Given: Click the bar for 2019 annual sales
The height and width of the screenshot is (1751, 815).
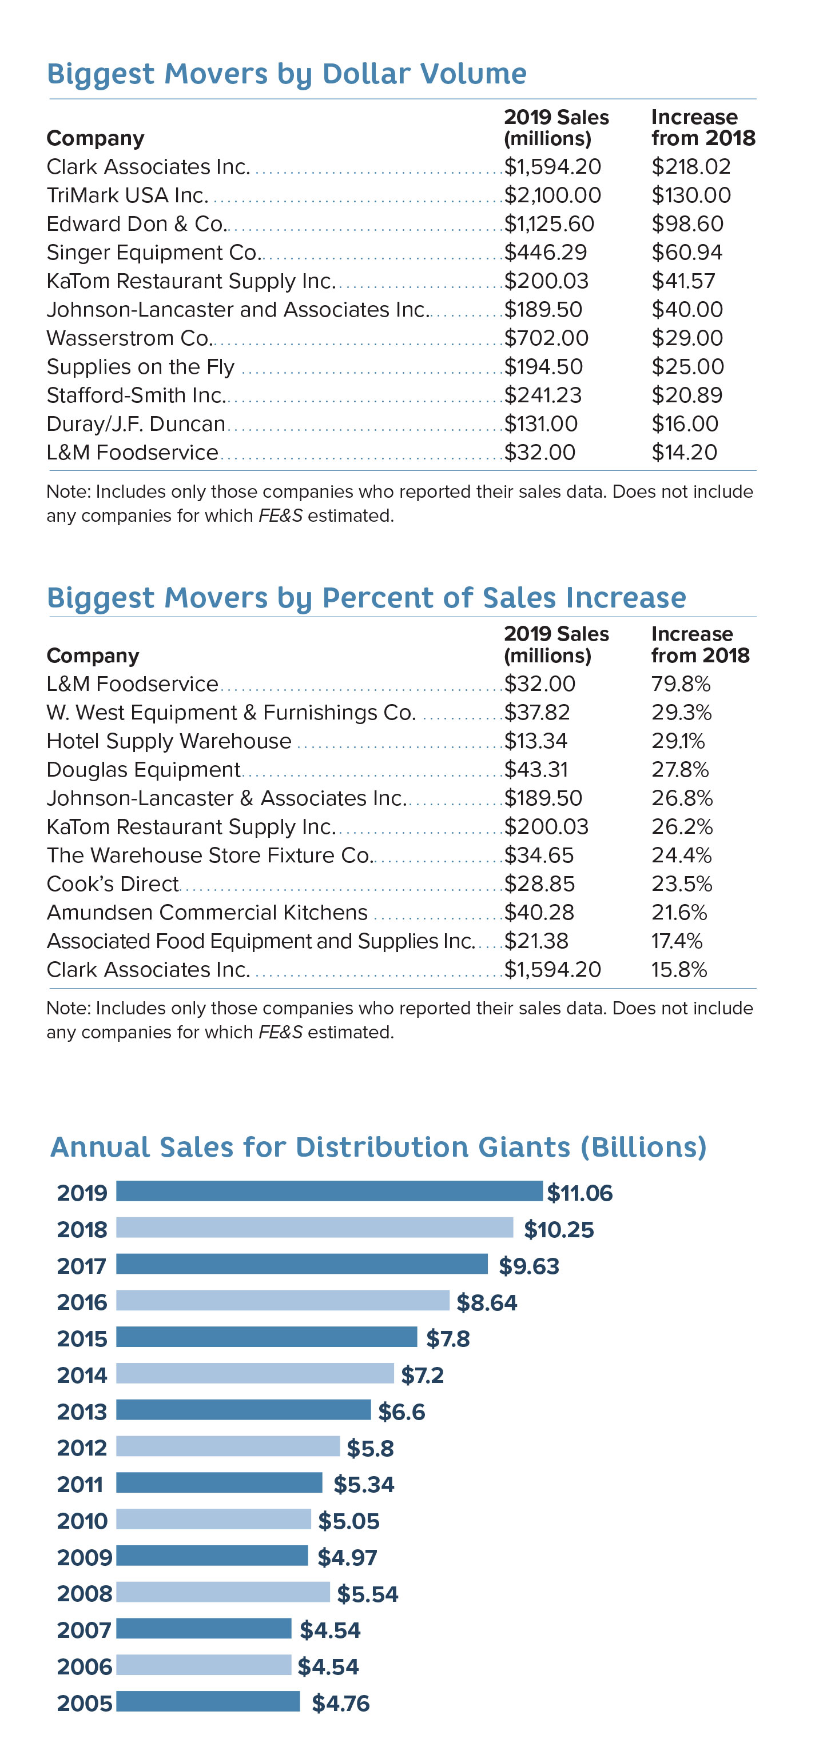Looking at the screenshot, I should click(x=329, y=1191).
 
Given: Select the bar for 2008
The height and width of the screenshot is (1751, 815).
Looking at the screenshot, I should click(x=222, y=1592).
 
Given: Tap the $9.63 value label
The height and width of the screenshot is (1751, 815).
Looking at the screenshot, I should click(x=528, y=1266).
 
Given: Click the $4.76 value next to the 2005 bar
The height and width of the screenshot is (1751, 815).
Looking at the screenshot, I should click(x=340, y=1703).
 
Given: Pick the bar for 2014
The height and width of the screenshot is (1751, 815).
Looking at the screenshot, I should click(x=255, y=1373).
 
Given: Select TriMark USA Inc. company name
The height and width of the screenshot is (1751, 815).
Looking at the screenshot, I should click(x=127, y=195).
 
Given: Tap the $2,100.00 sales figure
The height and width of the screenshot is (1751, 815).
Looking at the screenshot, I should click(x=552, y=195).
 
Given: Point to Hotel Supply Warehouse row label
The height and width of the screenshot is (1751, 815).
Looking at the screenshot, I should click(x=169, y=740).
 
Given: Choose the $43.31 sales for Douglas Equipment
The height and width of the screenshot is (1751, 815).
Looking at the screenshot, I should click(x=535, y=769).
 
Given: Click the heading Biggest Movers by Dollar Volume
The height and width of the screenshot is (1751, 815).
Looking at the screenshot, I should click(x=287, y=73).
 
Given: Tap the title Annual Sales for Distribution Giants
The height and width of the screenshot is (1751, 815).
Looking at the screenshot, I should click(x=378, y=1147).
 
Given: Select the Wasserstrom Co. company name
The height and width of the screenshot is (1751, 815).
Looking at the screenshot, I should click(x=129, y=338).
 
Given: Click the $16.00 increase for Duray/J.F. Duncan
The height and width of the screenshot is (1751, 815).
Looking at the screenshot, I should click(x=685, y=423).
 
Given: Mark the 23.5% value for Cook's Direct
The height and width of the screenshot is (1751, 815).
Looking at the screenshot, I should click(x=681, y=883).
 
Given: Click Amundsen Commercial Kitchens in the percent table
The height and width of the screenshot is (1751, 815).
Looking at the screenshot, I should click(x=207, y=912).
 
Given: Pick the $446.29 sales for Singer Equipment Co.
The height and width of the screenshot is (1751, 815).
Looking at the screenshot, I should click(x=545, y=252).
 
